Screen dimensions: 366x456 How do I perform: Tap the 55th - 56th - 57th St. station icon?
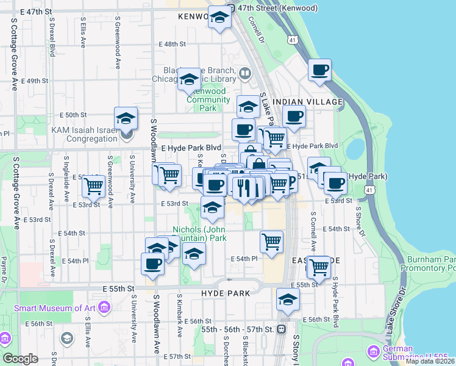click(282, 329)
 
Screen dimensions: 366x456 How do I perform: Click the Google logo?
click(20, 359)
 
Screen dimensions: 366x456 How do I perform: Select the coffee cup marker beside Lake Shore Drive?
click(319, 71)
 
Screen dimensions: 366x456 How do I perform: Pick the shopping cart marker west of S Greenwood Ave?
click(93, 186)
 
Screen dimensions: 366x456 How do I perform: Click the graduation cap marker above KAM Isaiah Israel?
click(126, 118)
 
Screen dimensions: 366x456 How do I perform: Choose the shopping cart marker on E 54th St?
click(271, 241)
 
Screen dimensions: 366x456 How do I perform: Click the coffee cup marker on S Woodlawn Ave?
click(152, 264)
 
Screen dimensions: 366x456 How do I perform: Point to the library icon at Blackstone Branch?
click(245, 74)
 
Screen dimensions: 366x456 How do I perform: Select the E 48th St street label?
click(171, 44)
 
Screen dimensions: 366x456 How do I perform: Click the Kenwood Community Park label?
click(208, 99)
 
